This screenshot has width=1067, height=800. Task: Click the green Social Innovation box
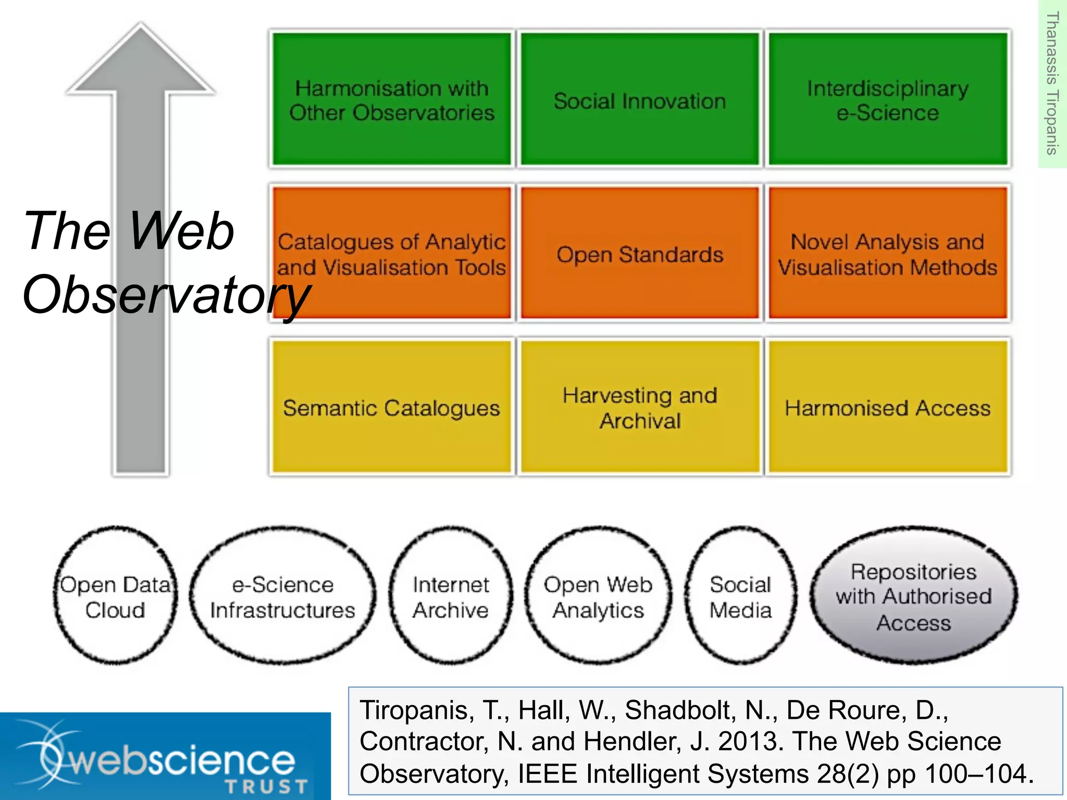pos(640,99)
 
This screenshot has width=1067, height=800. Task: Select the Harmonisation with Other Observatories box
pos(392,99)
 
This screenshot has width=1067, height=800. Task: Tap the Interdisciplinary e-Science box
pos(888,99)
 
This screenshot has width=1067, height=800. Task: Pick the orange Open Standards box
pos(640,254)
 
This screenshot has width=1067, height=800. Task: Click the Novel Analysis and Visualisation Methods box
pos(888,254)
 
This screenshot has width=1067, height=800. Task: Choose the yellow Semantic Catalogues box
pos(392,407)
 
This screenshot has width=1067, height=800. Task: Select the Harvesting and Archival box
pos(640,407)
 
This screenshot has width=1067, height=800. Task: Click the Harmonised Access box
pos(888,407)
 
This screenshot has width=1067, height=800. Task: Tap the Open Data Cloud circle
pos(115,596)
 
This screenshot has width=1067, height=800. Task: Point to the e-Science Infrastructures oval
pos(282,596)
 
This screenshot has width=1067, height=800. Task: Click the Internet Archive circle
pos(451,596)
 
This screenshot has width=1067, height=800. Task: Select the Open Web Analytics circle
pos(598,596)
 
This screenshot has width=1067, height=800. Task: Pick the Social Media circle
pos(740,596)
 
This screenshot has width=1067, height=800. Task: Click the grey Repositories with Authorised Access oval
pos(913,596)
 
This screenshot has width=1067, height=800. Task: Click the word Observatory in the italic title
pos(167,294)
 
